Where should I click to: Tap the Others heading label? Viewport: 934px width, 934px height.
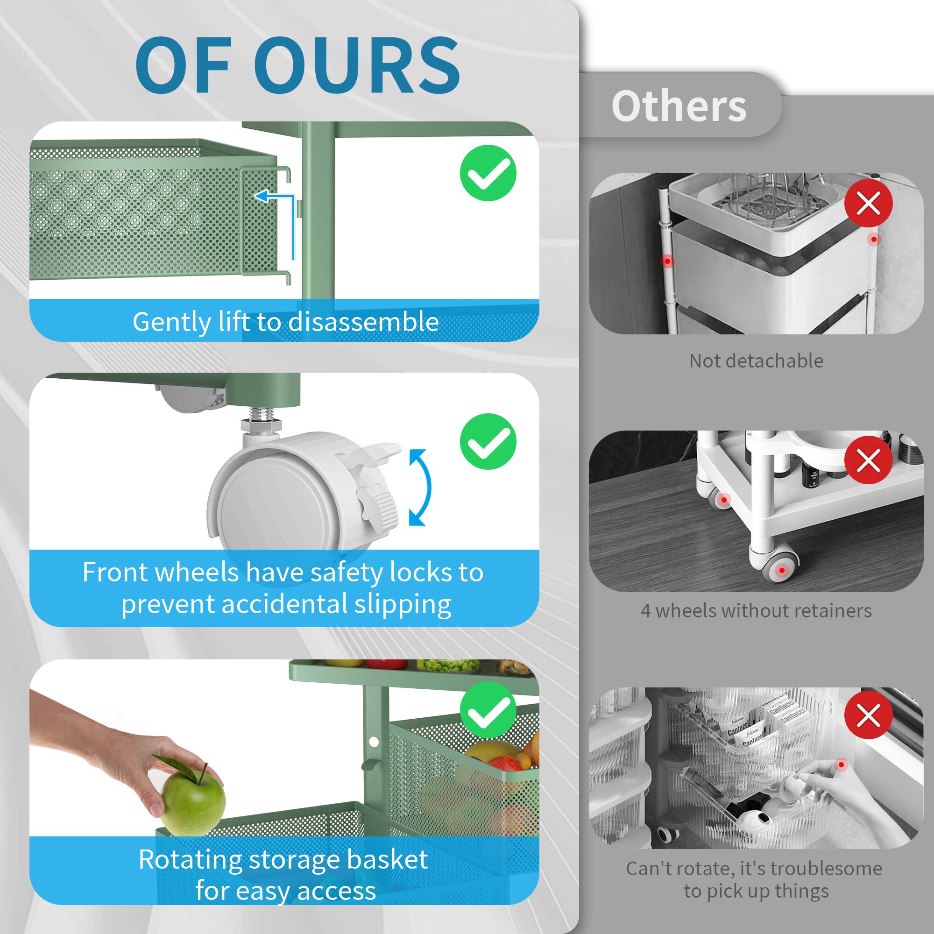pos(679,106)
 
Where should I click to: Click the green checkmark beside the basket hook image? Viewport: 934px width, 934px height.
pos(488,173)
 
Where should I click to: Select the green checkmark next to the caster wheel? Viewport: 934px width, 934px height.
pos(488,441)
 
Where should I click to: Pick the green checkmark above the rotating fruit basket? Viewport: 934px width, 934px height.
pos(488,710)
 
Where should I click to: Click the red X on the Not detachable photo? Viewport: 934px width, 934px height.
pos(868,203)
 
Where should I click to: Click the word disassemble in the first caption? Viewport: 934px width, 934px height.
pos(363,322)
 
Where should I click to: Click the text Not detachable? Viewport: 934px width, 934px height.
pos(756,361)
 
